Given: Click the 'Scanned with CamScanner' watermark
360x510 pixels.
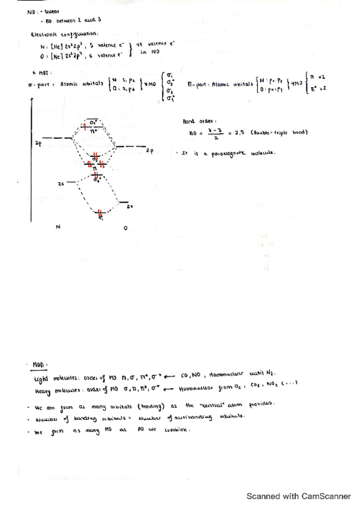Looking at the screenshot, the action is coord(299,497).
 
